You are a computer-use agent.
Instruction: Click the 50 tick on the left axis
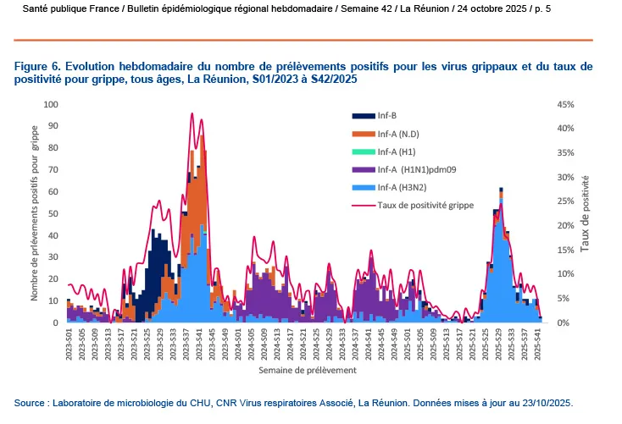(53, 213)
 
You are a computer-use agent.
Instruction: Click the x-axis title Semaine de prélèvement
(307, 371)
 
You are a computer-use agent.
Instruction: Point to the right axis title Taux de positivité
(586, 213)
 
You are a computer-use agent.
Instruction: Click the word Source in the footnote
(31, 403)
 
